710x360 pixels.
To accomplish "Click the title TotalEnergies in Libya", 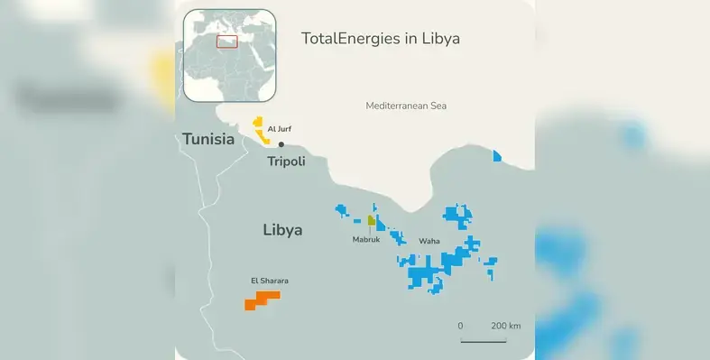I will (380, 40).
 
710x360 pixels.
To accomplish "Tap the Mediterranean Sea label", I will (406, 106).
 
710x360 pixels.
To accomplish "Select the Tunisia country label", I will (208, 139).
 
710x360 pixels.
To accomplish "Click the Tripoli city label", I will (286, 162).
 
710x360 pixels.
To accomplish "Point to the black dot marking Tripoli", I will (281, 144).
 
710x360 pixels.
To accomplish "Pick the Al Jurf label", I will (280, 129).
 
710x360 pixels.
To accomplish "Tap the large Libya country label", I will (282, 229).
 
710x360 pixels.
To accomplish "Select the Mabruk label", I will (365, 239).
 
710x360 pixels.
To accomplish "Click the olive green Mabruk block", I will (372, 220).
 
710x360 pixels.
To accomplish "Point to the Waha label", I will (429, 241).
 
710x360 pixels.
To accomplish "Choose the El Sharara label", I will (270, 281).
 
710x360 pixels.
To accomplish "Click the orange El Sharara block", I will (263, 300).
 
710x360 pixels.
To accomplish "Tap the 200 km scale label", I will (506, 326).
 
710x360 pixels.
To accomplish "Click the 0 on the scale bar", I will (460, 326).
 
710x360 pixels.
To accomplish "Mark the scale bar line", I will (484, 340).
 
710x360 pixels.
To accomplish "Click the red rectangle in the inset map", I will (226, 42).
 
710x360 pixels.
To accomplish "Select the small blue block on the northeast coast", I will (497, 156).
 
